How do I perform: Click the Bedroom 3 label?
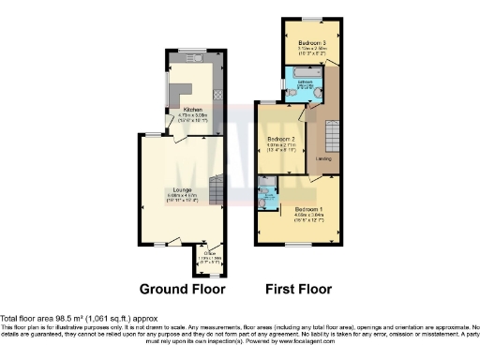[x=312, y=43]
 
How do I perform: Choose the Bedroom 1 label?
[x=307, y=207]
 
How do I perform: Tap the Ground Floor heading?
[x=182, y=288]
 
